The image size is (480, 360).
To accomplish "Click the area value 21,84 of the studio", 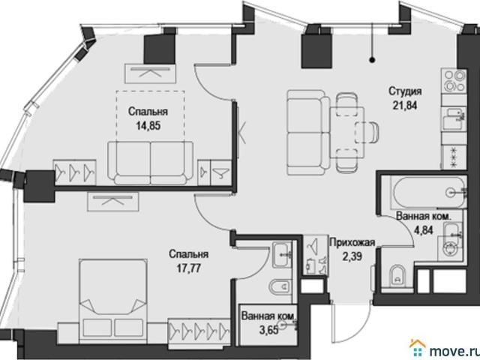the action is tap(405, 105).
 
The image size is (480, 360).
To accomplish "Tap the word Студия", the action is tap(405, 91).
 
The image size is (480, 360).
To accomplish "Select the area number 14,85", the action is tap(148, 125).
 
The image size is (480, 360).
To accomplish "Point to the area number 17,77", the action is tap(188, 268).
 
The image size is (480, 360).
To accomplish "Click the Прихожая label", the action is tap(352, 242).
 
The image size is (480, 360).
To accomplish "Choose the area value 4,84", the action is tap(423, 229).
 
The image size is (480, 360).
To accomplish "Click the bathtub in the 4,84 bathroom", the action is tap(429, 193).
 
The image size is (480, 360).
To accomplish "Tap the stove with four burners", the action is tap(453, 80).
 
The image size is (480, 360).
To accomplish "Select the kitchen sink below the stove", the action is tap(453, 118).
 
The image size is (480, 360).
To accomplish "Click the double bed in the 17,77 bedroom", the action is tap(113, 301).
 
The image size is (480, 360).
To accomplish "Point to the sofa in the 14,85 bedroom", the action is tap(150, 163).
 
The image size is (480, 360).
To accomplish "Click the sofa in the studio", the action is tap(308, 132).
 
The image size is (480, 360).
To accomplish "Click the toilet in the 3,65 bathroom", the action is tap(279, 287).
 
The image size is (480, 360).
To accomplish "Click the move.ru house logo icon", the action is tap(418, 347).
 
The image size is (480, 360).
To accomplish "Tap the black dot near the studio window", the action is tap(372, 60).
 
